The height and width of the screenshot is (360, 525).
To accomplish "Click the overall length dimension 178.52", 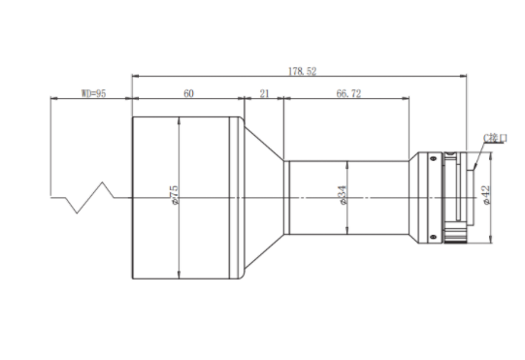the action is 303,72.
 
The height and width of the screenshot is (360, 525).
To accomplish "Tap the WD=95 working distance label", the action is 94,93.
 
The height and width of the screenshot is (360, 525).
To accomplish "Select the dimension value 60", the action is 188,93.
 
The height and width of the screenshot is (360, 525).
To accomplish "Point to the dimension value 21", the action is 265,93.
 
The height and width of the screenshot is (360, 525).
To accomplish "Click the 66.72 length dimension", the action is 348,93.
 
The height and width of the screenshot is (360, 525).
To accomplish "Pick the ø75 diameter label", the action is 175,195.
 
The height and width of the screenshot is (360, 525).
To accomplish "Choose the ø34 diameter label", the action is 343,196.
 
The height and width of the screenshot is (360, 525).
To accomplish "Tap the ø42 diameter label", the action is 486,195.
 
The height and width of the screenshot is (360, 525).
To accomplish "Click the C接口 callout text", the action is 495,138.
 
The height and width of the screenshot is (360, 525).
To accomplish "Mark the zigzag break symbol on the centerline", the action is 89,198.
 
